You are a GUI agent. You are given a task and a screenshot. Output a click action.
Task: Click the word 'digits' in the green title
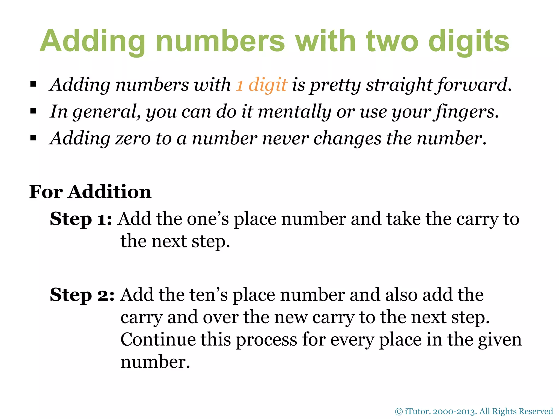(x=469, y=41)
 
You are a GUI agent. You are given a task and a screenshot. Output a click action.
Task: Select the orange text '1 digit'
(x=261, y=84)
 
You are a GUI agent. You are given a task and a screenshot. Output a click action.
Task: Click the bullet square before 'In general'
(x=33, y=111)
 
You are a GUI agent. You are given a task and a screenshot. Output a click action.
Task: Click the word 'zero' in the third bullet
(x=133, y=138)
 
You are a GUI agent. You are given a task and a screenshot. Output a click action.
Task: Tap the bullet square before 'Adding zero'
(x=33, y=138)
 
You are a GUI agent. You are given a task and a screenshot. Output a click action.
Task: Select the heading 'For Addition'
(x=90, y=192)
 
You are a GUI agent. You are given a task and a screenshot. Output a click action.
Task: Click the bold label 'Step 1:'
(x=81, y=219)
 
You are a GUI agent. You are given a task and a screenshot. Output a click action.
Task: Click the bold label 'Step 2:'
(x=82, y=295)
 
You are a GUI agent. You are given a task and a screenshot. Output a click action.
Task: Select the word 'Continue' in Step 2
(x=158, y=340)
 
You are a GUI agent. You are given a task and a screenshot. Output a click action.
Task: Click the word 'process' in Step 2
(x=266, y=340)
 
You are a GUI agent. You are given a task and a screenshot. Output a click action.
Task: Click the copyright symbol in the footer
(x=399, y=411)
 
